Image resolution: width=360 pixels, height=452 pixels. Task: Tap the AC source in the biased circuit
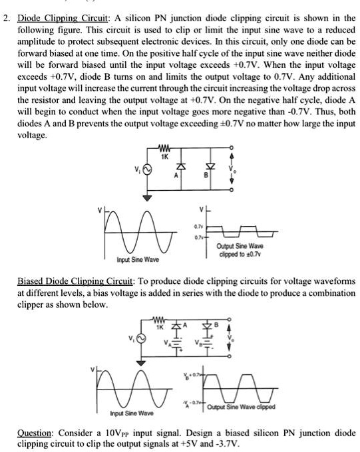(x=138, y=340)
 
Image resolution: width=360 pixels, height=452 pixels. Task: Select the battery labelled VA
(x=175, y=345)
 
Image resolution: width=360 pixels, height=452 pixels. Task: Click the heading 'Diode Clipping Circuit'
(x=54, y=18)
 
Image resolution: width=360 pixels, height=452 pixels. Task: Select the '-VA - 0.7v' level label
(x=188, y=405)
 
